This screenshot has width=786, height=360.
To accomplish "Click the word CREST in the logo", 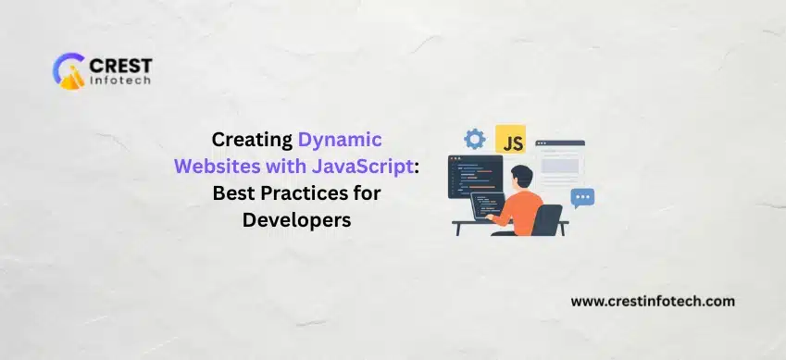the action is tap(120, 65).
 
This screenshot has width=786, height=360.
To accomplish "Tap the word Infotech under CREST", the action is tap(120, 81).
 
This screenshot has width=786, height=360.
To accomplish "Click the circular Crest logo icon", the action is tap(69, 71).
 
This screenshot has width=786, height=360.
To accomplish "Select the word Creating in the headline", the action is tap(252, 140).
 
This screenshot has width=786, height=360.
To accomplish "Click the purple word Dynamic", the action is tap(340, 140).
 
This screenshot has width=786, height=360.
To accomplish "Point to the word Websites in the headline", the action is tap(213, 166).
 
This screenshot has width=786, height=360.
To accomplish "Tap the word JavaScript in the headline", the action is tap(361, 167).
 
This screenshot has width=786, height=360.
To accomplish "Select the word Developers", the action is tap(297, 220).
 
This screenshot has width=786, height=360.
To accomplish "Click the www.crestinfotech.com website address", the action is tap(653, 302).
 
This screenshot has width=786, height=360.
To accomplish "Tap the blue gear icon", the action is tap(474, 139).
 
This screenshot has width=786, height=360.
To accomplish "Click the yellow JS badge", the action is tap(510, 139).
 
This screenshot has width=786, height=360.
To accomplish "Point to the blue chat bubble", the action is tap(582, 197).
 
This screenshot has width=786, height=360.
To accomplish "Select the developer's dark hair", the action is tap(521, 176).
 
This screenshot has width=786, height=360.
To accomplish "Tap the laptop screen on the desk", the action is tap(487, 205).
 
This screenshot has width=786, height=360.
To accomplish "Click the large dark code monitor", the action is tap(475, 177).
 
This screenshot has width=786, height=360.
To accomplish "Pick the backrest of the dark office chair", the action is tap(547, 219).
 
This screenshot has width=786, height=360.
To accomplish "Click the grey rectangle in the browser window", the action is tap(560, 166).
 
